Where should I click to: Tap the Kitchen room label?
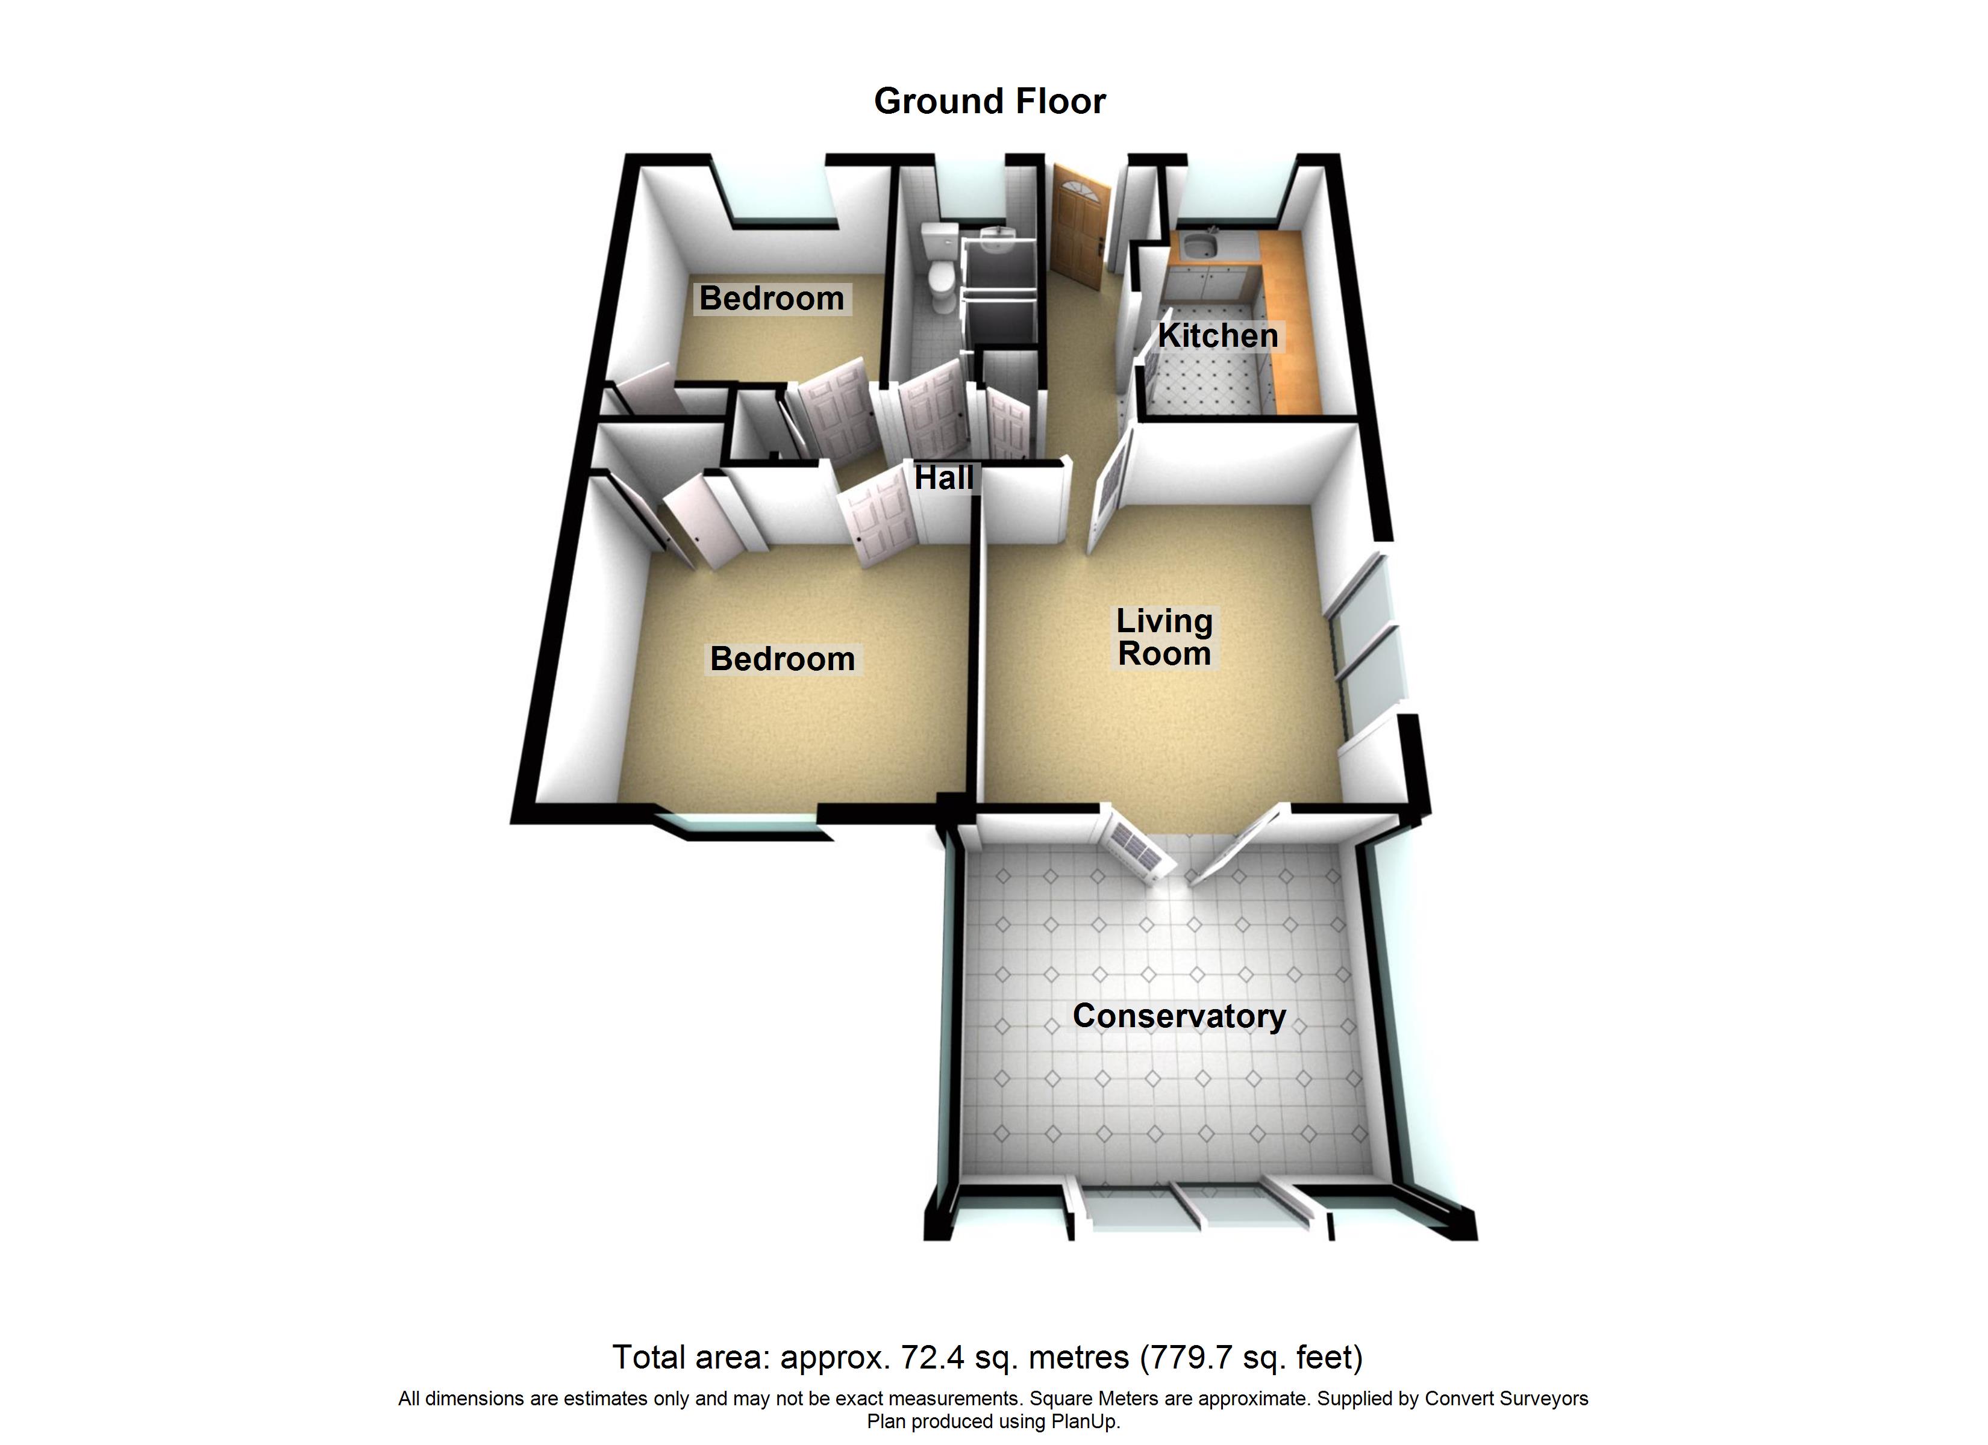(x=1217, y=335)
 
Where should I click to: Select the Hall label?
(x=944, y=477)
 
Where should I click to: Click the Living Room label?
(x=1164, y=637)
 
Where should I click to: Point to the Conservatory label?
(x=1179, y=1016)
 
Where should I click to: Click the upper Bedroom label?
(x=771, y=299)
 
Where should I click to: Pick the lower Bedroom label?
(x=783, y=659)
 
